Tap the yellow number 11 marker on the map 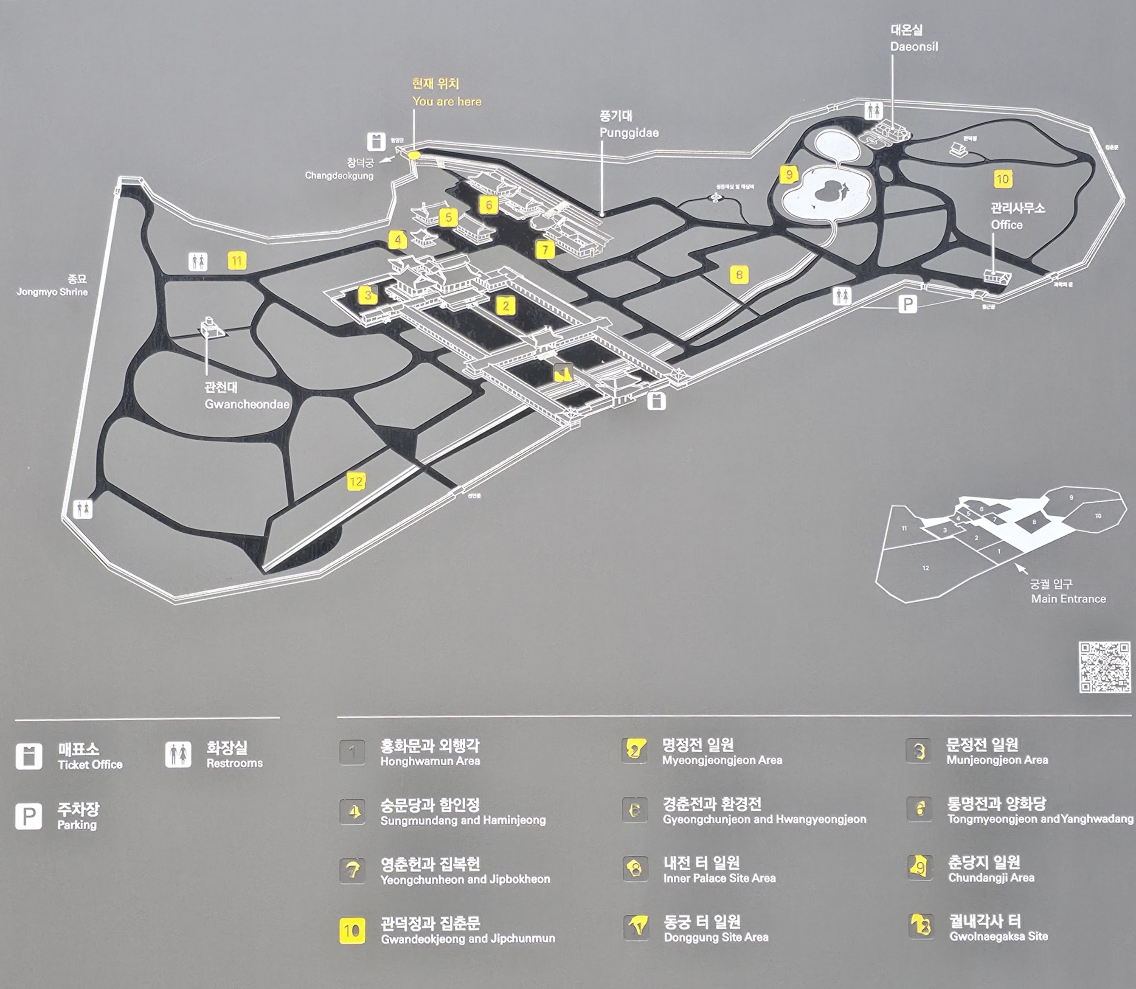pyautogui.click(x=237, y=261)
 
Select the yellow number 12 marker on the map pyautogui.click(x=356, y=482)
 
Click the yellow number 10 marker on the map pyautogui.click(x=1002, y=179)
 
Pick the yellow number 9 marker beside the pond pyautogui.click(x=789, y=174)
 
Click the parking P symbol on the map pyautogui.click(x=908, y=303)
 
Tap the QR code pyautogui.click(x=1105, y=667)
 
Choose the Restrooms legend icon pyautogui.click(x=178, y=754)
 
